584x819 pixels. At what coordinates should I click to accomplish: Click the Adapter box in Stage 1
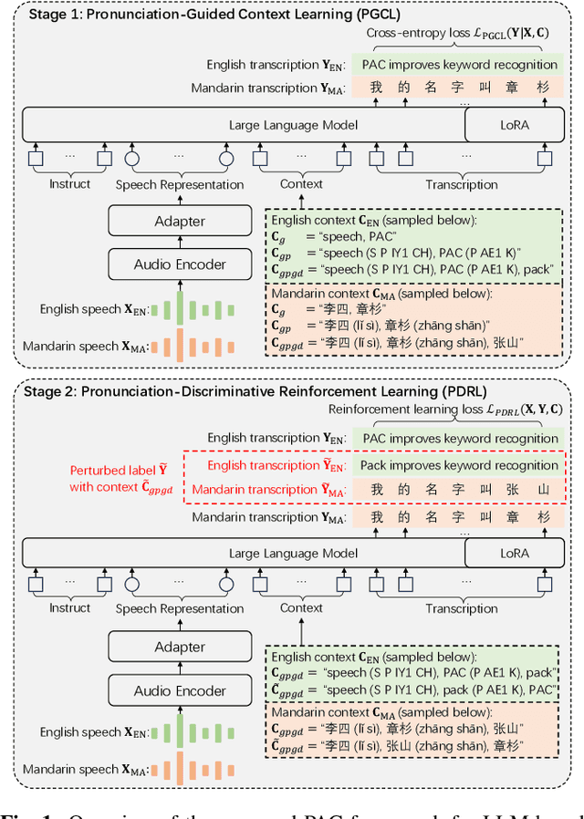point(180,222)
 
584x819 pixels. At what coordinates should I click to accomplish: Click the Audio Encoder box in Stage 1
point(180,264)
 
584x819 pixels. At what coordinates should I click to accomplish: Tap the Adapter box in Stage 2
point(180,647)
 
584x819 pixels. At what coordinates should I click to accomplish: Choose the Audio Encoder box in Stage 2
point(180,689)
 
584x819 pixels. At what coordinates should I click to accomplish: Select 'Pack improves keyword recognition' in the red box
point(460,465)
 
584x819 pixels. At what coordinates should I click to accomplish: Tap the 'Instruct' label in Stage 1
point(70,183)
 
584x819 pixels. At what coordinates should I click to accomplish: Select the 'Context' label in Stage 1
point(301,183)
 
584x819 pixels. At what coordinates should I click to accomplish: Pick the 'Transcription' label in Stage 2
point(462,608)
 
